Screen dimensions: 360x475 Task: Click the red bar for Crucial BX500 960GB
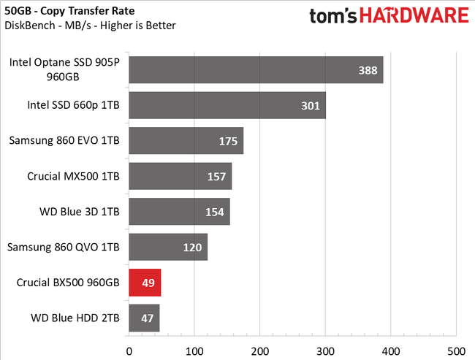145,283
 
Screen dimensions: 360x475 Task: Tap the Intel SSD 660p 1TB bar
227,106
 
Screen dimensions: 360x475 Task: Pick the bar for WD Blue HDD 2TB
144,318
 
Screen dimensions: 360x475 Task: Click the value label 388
368,70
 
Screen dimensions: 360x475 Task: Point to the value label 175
228,141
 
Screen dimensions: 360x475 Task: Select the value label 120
192,248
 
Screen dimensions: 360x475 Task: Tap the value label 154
214,212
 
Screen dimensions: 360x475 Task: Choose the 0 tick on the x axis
129,348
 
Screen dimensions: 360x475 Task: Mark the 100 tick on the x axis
194,348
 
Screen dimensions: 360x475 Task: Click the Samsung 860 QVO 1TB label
63,248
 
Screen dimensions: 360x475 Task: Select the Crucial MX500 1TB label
73,176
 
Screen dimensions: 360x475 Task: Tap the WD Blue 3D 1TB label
79,212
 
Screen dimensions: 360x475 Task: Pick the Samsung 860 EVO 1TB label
64,141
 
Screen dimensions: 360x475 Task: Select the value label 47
144,318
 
